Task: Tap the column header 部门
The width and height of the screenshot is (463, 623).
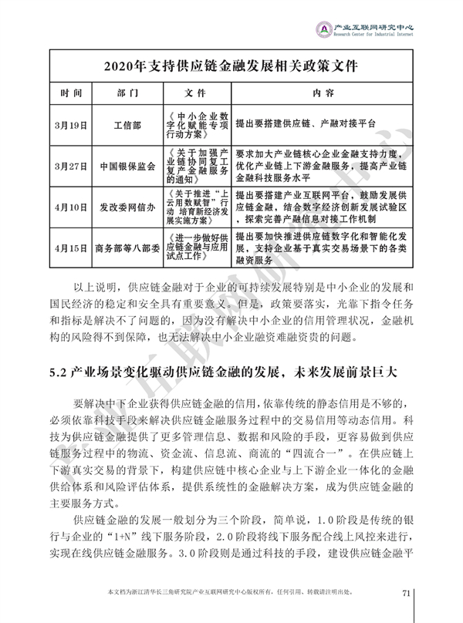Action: coord(127,93)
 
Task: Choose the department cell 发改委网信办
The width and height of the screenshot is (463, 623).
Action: coord(127,207)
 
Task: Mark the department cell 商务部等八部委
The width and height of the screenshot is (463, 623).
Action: coord(127,249)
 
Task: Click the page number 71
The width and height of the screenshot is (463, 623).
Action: coord(409,592)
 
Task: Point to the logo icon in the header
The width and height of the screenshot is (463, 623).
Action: coord(326,29)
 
